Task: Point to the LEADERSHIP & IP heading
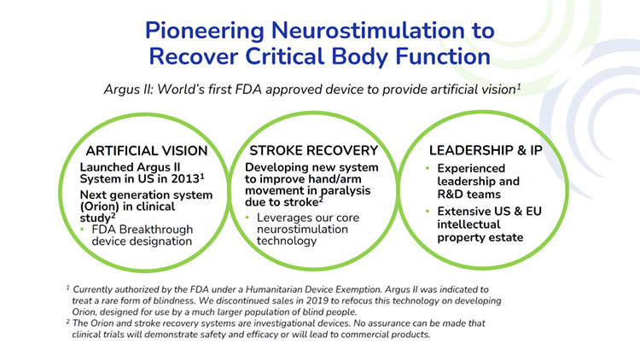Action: pyautogui.click(x=486, y=150)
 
